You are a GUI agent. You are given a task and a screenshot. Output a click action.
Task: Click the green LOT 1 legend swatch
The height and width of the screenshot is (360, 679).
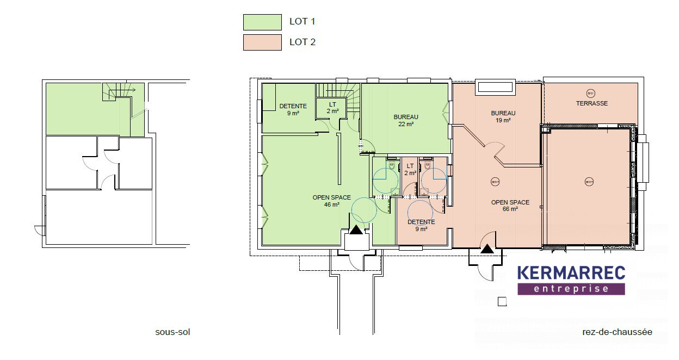262,22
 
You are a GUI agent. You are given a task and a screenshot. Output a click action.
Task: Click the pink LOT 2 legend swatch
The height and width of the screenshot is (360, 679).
262,42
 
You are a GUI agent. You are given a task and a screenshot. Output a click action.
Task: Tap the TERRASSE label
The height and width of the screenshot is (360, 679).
592,103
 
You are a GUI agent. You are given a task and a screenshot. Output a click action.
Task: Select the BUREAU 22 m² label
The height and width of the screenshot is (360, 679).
406,120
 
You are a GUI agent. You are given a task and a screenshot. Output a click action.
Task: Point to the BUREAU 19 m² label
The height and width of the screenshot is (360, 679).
503,117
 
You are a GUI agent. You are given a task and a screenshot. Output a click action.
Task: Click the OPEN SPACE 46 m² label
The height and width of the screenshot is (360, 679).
332,201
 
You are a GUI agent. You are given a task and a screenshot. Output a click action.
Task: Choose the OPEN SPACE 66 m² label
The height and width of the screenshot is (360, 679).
510,206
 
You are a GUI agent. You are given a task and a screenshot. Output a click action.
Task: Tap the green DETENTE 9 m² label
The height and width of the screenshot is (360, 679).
293,110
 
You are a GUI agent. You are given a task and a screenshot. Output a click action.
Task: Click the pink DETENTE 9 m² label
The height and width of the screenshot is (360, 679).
421,226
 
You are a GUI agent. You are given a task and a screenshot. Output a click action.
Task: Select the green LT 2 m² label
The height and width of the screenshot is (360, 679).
332,108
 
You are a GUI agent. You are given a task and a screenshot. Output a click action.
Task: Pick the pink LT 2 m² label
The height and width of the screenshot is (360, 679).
410,169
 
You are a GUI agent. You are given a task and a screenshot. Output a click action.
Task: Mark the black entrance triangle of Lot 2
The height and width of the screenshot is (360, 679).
487,249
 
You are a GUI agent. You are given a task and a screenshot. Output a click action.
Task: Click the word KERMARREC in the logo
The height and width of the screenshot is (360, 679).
571,273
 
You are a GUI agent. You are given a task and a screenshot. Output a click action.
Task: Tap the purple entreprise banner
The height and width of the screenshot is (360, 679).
571,289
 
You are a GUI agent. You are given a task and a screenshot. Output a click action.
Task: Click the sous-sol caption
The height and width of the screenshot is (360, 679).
172,332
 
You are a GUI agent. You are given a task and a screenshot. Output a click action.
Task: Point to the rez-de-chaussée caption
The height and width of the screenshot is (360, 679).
617,332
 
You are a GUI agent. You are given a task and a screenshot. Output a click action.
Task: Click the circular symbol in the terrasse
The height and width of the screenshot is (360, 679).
591,94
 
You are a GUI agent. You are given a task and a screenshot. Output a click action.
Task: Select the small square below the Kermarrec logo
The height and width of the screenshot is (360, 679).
502,302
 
